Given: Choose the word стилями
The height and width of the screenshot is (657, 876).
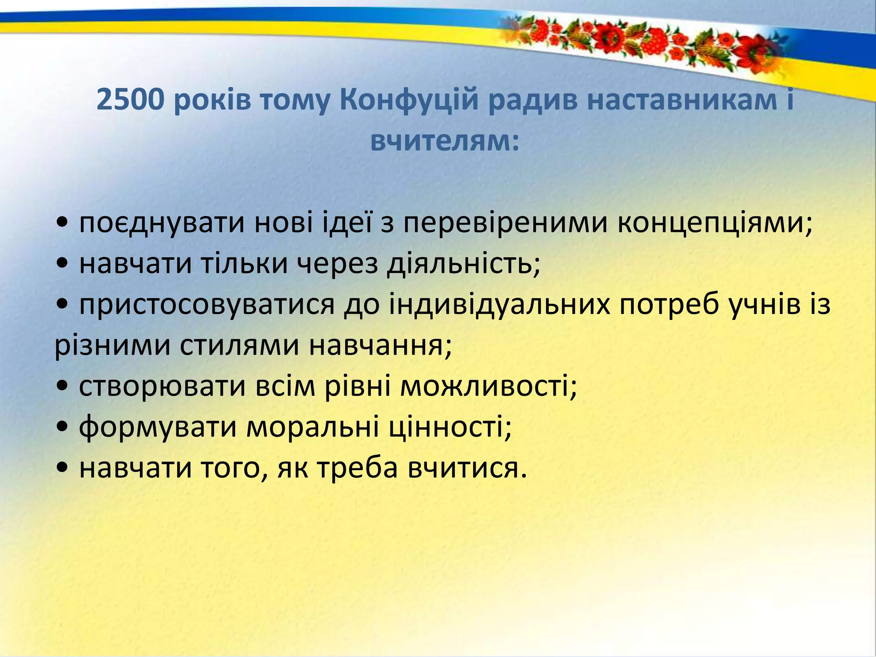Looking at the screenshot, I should (239, 346).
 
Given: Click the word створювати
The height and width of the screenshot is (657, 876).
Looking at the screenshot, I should (163, 386).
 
